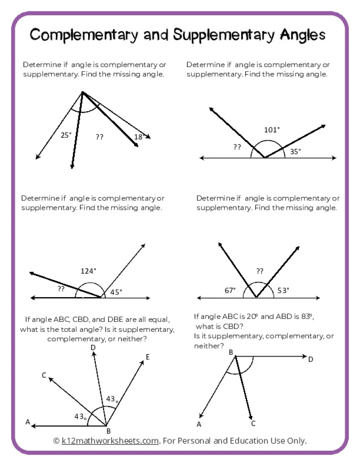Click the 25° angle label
click(x=66, y=135)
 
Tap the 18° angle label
click(x=139, y=137)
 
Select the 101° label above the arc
click(x=272, y=130)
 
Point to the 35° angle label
click(x=295, y=152)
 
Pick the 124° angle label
click(x=88, y=271)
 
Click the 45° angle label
click(x=116, y=292)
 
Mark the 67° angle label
click(x=230, y=290)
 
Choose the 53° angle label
click(x=283, y=290)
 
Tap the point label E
click(x=148, y=357)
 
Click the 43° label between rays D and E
click(x=112, y=399)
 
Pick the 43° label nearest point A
click(x=81, y=416)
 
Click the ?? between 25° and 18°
click(x=99, y=137)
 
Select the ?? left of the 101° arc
click(x=237, y=147)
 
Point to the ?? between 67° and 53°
click(x=260, y=271)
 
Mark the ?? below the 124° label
click(x=61, y=289)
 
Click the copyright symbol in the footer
click(x=56, y=440)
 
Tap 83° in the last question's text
click(x=306, y=317)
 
